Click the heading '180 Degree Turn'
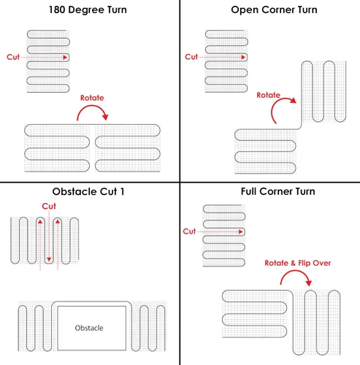pyautogui.click(x=88, y=10)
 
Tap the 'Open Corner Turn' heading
pyautogui.click(x=274, y=10)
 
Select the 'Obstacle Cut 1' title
pyautogui.click(x=88, y=191)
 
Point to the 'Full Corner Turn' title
pyautogui.click(x=278, y=191)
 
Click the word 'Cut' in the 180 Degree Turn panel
pyautogui.click(x=13, y=57)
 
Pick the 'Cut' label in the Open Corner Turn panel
pyautogui.click(x=191, y=57)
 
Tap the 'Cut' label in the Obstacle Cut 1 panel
pyautogui.click(x=49, y=206)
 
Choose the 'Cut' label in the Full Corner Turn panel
pyautogui.click(x=189, y=231)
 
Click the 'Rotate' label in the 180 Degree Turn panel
pyautogui.click(x=92, y=98)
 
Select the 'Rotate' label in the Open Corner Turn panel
pyautogui.click(x=269, y=95)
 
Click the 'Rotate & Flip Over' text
pyautogui.click(x=298, y=263)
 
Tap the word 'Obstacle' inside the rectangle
pyautogui.click(x=89, y=328)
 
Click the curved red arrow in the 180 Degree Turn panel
pyautogui.click(x=92, y=106)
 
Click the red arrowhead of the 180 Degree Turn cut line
pyautogui.click(x=65, y=58)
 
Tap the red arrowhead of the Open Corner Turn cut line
pyautogui.click(x=243, y=57)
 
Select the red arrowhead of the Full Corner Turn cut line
pyautogui.click(x=241, y=231)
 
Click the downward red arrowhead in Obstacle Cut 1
pyautogui.click(x=49, y=259)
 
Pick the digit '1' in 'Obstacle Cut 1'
pyautogui.click(x=122, y=191)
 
